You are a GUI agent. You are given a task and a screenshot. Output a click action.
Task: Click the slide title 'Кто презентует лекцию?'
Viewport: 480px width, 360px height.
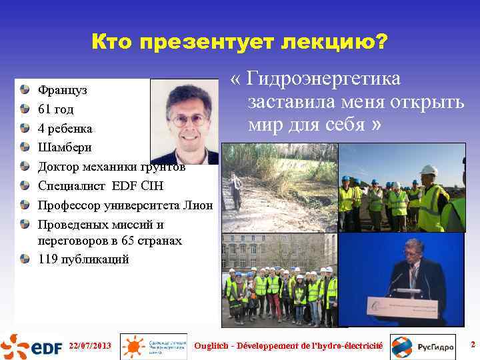pyautogui.click(x=239, y=43)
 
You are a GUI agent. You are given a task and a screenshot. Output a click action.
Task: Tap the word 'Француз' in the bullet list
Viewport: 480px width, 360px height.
pyautogui.click(x=63, y=89)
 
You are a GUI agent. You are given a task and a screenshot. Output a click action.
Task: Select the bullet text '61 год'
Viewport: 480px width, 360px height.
pyautogui.click(x=56, y=109)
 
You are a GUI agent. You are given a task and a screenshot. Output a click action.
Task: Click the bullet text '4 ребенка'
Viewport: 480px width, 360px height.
pyautogui.click(x=65, y=128)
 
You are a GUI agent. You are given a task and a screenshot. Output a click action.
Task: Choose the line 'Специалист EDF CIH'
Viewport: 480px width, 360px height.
pyautogui.click(x=100, y=186)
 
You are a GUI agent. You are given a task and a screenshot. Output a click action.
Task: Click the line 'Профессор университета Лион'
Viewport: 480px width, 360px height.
pyautogui.click(x=125, y=205)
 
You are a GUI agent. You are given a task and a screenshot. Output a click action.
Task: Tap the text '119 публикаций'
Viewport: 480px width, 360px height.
pyautogui.click(x=83, y=259)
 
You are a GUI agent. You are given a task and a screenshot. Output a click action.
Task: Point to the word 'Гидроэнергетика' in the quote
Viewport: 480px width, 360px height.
pyautogui.click(x=324, y=79)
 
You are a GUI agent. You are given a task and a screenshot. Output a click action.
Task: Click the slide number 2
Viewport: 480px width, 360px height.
pyautogui.click(x=473, y=345)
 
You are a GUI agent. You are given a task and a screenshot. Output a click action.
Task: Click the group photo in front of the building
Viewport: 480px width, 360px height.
pyautogui.click(x=279, y=280)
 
